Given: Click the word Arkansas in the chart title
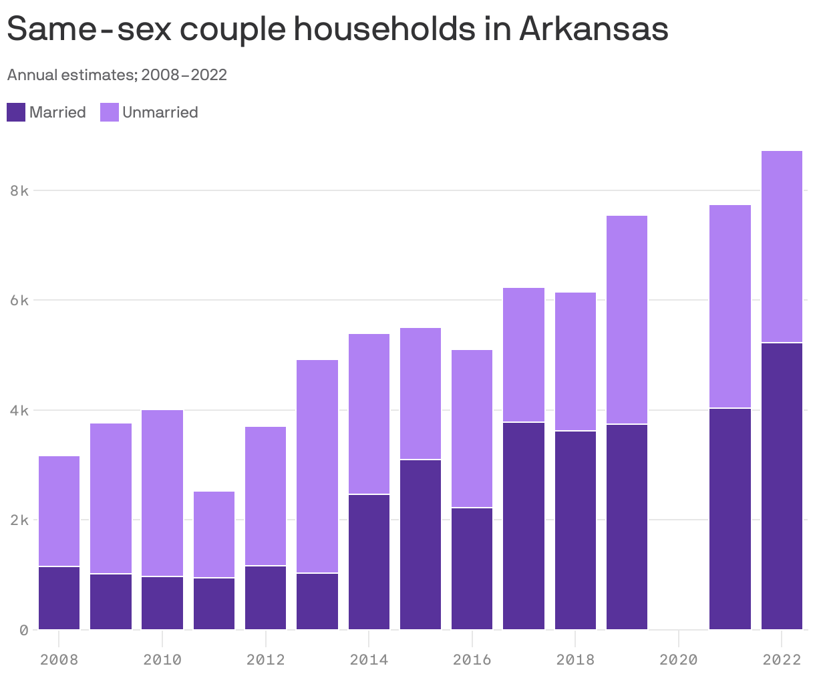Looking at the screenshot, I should point(593,29).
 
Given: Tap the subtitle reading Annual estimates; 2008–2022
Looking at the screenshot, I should point(117,75).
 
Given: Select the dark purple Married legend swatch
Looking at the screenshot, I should point(16,112).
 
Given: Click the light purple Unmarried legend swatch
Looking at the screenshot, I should point(110,112).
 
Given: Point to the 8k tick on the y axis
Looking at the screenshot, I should point(19,190).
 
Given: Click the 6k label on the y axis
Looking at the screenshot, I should point(19,301).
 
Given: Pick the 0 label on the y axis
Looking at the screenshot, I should point(24,630).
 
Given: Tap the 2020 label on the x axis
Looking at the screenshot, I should point(678,660).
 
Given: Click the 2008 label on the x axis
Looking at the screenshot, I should point(59,660).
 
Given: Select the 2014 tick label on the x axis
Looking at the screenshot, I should point(369,660).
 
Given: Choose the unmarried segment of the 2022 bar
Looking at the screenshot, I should point(782,246).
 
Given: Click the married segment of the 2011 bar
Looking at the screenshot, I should point(214,604).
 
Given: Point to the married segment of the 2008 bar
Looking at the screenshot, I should point(59,598).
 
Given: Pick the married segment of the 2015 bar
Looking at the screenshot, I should point(420,544).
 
